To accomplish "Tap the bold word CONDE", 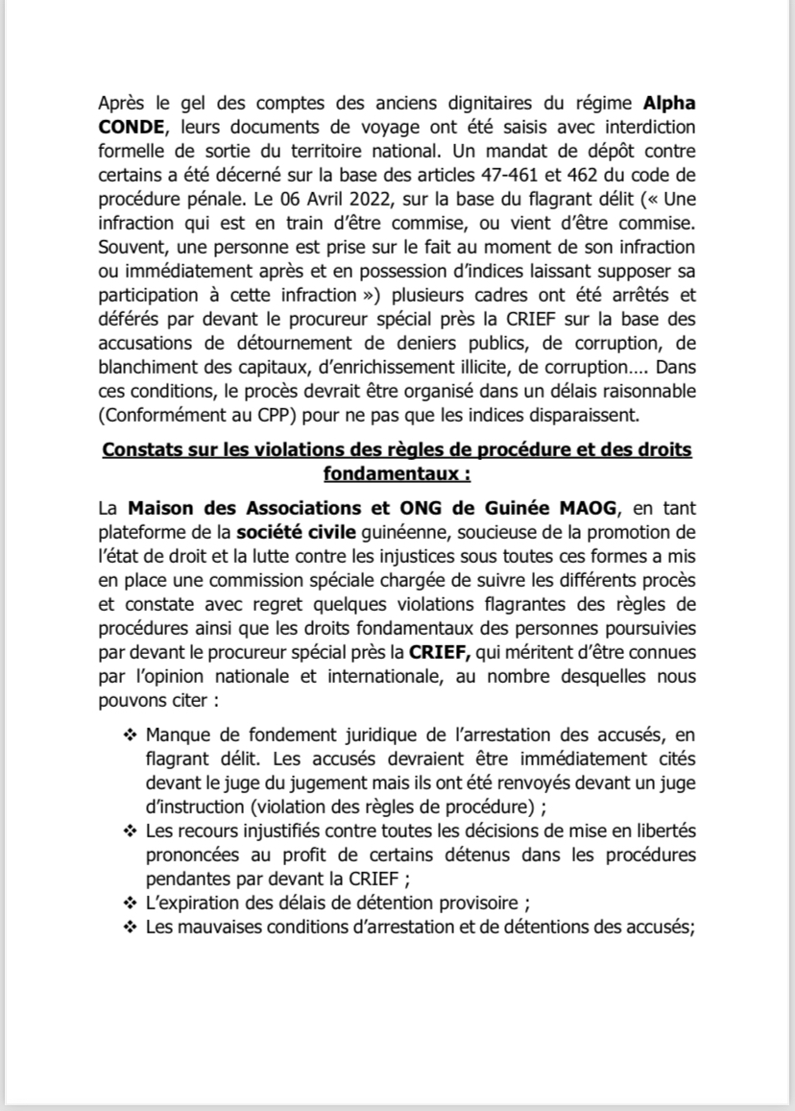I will pos(132,129).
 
